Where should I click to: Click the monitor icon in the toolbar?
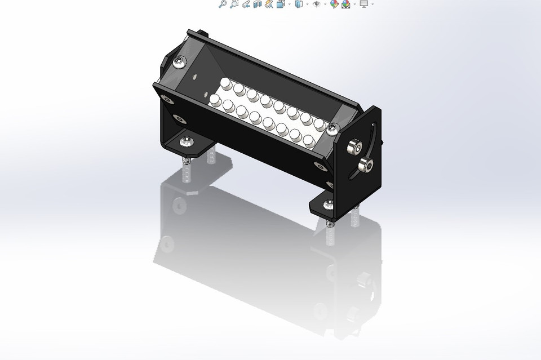click(363, 4)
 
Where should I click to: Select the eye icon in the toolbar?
click(317, 4)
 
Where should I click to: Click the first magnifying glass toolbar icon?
click(222, 4)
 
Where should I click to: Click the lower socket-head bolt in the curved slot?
click(365, 166)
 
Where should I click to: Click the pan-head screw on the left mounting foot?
click(186, 141)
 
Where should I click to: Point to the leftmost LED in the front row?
click(215, 101)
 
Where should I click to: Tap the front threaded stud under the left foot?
click(187, 169)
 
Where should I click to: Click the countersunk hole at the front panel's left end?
click(166, 100)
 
